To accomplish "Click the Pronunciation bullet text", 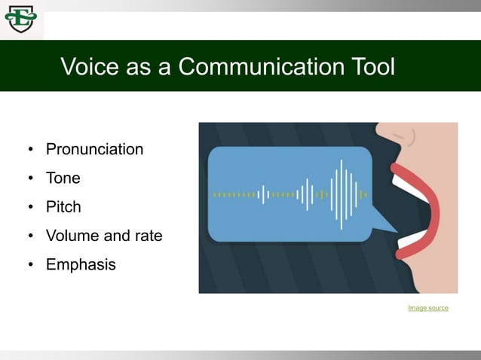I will pos(94,149).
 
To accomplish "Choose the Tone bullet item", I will pos(63,178).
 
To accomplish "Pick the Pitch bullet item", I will pos(63,207).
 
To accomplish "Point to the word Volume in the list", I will pos(72,236).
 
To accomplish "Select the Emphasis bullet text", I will pos(81,264).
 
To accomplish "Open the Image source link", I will pos(427,308).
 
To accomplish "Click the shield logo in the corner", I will pos(20,19).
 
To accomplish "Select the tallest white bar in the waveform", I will pos(341,194).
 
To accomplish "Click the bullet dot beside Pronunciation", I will pos(31,150).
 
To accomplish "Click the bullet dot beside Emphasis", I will pos(31,265).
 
